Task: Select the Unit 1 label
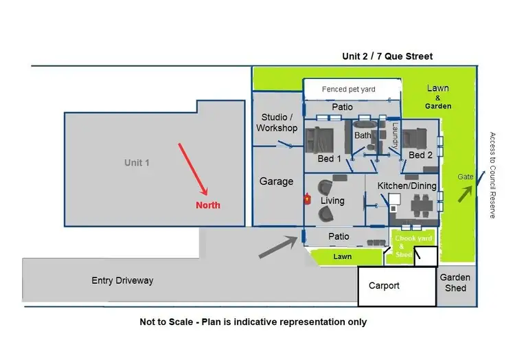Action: coord(137,163)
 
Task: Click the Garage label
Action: coord(276,181)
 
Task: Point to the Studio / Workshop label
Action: coord(277,123)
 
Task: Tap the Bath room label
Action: coord(363,136)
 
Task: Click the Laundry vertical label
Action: coord(395,135)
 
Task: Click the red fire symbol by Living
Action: coord(308,199)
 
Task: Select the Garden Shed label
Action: coord(455,282)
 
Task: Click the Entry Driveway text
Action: coord(122,280)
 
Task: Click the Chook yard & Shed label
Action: coord(413,247)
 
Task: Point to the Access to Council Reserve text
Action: coord(492,175)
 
